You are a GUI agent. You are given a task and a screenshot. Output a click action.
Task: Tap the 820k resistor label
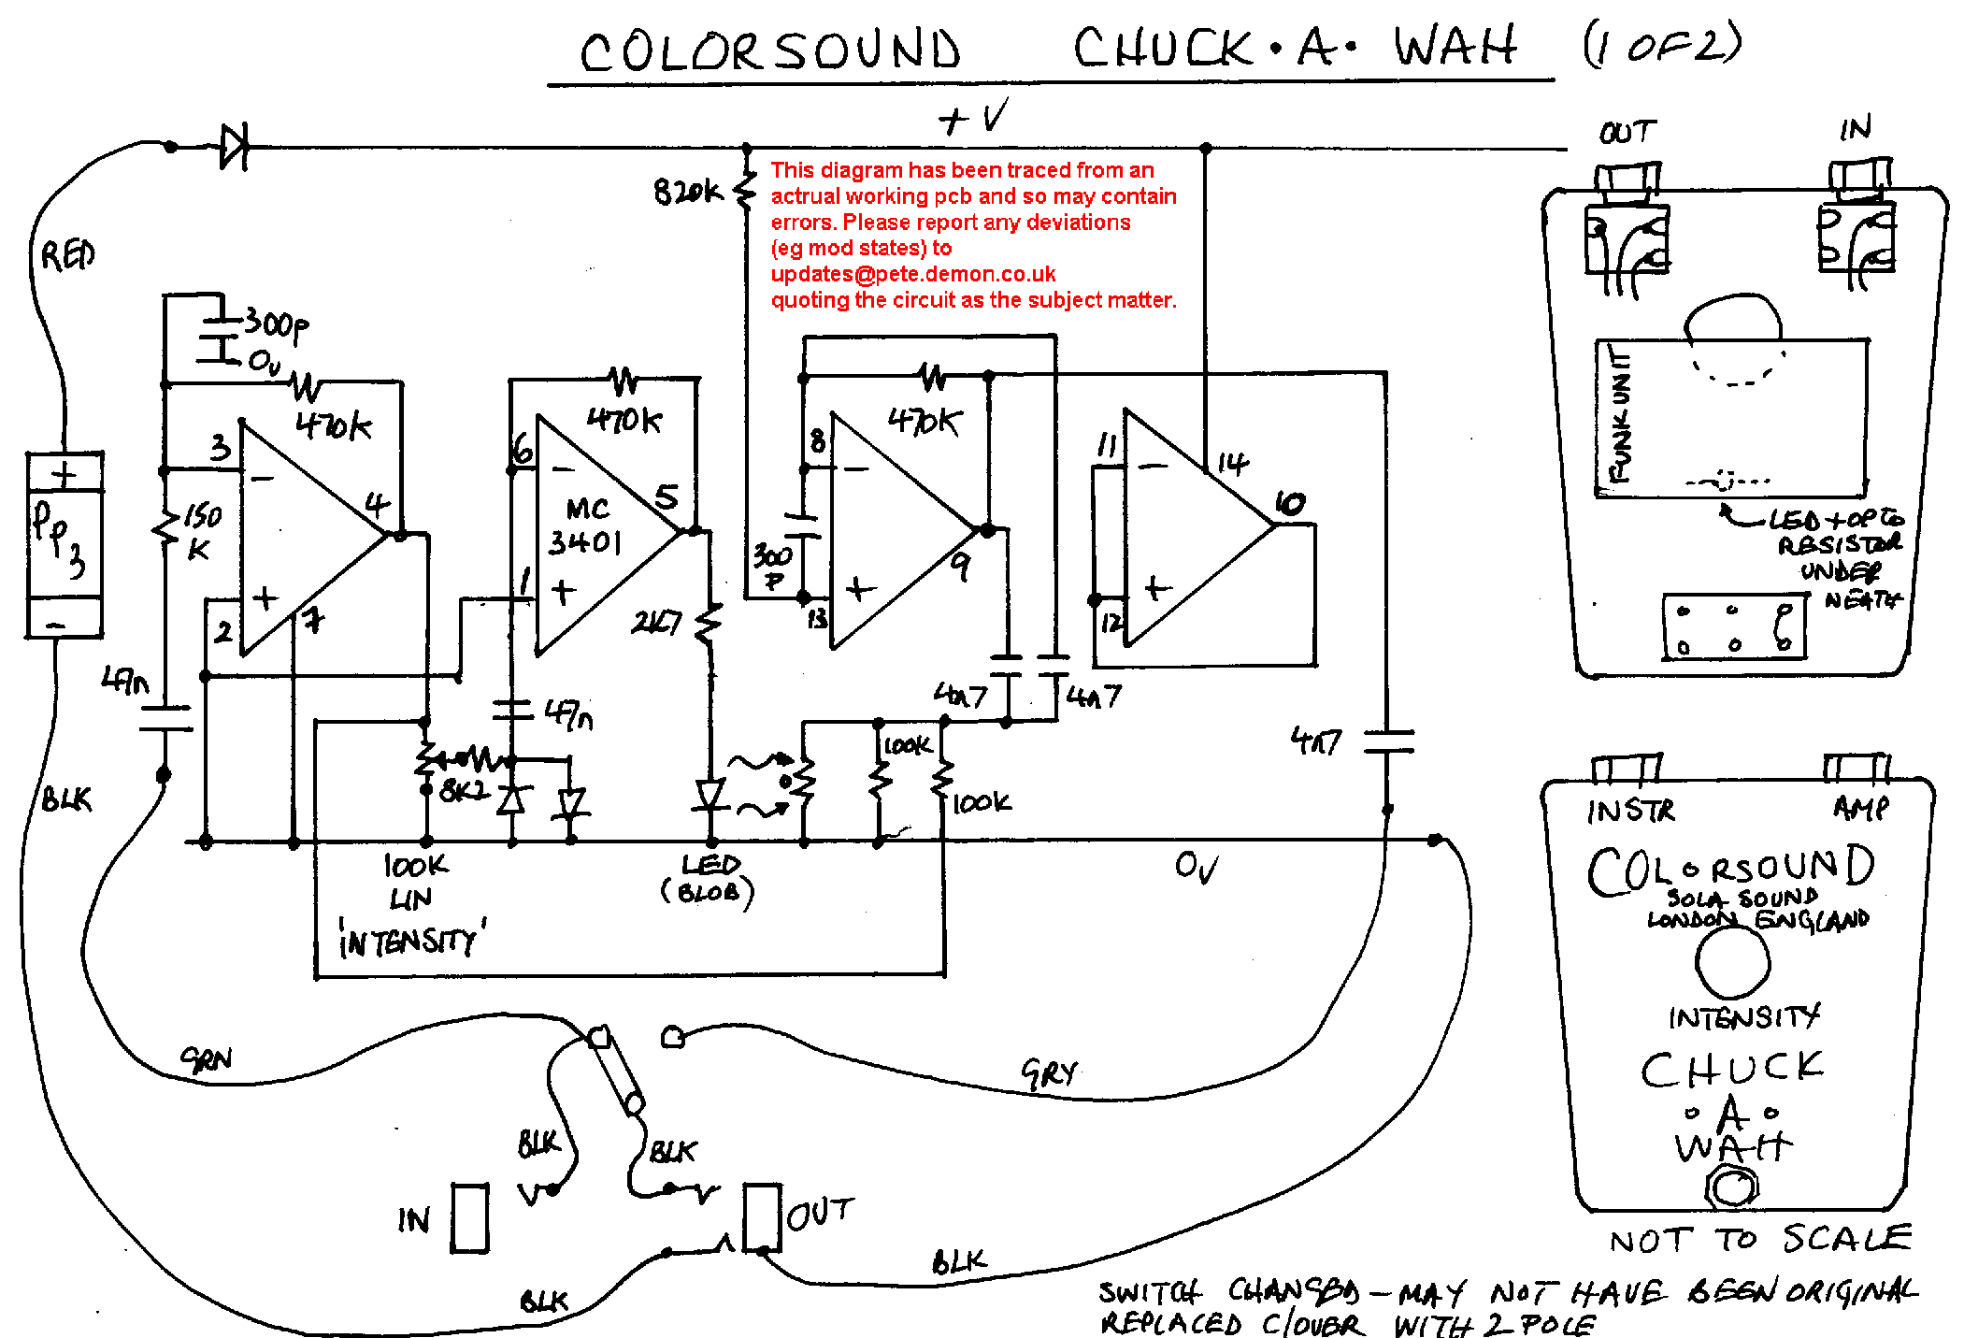(x=687, y=192)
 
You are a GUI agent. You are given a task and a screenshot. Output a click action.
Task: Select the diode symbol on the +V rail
(x=234, y=147)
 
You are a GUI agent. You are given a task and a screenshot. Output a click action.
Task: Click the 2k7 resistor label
(x=656, y=622)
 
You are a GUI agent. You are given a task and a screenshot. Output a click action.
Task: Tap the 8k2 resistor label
(x=464, y=791)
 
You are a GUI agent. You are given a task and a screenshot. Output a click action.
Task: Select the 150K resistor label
(x=200, y=531)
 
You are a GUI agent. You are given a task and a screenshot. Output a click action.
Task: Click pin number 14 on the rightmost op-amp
(x=1232, y=463)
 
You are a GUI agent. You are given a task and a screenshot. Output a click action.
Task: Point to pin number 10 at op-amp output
(x=1290, y=504)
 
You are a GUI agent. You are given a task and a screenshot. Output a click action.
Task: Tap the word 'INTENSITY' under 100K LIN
(x=411, y=941)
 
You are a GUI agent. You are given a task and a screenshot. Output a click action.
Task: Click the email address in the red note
(x=912, y=274)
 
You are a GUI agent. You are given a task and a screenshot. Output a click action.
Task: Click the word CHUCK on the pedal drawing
(x=1731, y=1069)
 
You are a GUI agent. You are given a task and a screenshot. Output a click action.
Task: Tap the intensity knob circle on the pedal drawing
(x=1732, y=963)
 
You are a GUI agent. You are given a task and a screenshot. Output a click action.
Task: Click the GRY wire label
(x=1049, y=1073)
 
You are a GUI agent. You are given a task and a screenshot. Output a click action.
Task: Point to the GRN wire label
(x=207, y=1059)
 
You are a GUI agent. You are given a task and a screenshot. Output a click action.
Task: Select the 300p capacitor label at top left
(x=275, y=325)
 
